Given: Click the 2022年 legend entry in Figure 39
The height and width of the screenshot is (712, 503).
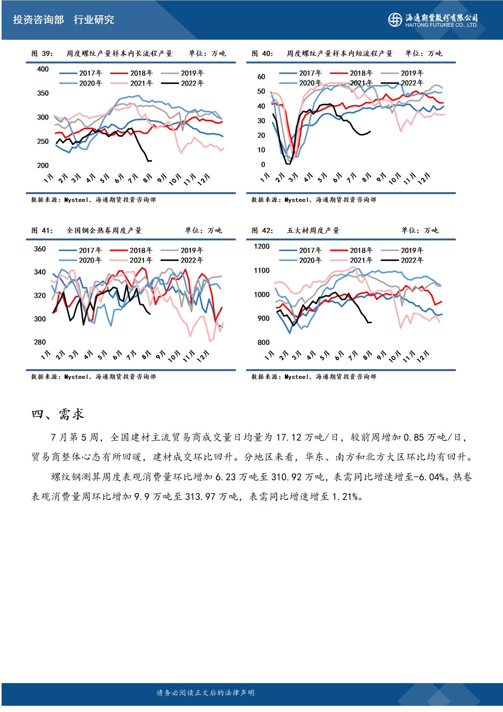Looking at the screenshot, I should pos(192,83).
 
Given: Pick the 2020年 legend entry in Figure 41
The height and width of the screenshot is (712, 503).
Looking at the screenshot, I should pos(90,260).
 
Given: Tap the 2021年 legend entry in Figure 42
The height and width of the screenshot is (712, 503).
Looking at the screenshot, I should pos(361,260).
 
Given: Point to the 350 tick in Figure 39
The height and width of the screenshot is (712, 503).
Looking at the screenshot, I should pos(43,93).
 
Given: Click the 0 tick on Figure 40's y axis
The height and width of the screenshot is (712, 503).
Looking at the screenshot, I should pos(263,165).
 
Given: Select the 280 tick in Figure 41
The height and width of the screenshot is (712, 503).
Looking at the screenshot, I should pos(40,342).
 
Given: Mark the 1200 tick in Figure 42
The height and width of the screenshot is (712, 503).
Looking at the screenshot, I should pos(262,246).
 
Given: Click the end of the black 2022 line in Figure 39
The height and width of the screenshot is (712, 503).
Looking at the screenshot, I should pos(151,160).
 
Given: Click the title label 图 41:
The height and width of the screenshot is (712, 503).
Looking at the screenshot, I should pos(42,231).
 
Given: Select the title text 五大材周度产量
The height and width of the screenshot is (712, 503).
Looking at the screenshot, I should pos(313,231).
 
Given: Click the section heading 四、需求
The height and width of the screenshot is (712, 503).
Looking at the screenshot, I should pos(58,415).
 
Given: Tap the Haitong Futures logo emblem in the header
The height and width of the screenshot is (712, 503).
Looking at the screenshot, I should pos(395,20).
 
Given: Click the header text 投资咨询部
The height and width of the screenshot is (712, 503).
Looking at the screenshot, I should pos(38,20).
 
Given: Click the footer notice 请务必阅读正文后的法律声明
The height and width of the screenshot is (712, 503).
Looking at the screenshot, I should pos(206,693).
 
